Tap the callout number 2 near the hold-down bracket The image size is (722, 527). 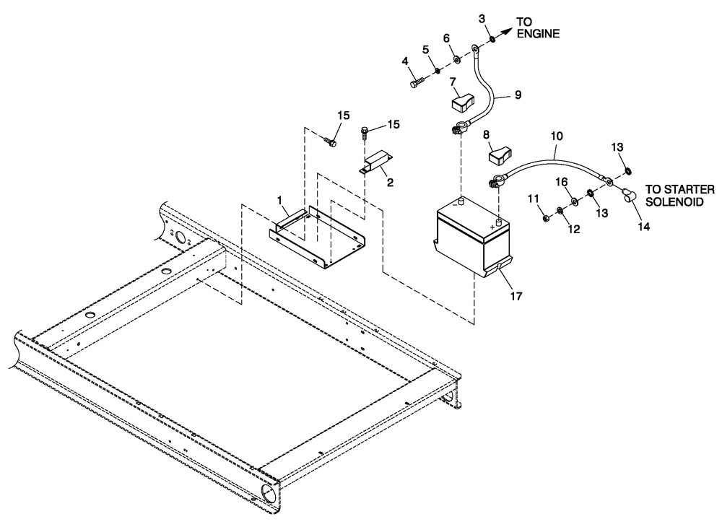click(x=390, y=183)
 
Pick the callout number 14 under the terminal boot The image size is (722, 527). click(x=643, y=226)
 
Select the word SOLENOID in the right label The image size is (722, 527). click(x=674, y=204)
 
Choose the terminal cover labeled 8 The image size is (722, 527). click(x=500, y=154)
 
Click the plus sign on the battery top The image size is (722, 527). click(x=492, y=227)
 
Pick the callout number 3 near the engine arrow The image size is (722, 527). click(x=481, y=17)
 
